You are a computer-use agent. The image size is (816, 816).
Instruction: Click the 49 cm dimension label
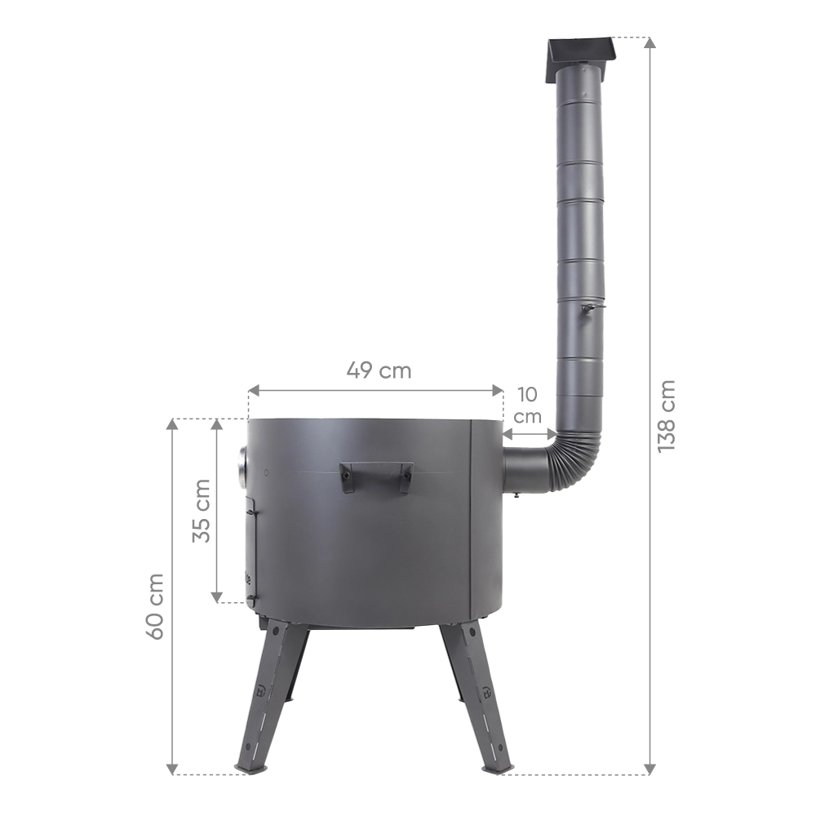379,370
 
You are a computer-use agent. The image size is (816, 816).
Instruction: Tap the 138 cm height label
666,416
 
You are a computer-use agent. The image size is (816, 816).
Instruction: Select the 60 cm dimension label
154,606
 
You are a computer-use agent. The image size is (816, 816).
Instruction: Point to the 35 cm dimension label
201,511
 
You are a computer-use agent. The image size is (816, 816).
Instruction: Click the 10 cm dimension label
528,406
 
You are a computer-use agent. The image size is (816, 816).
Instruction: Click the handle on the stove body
375,476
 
